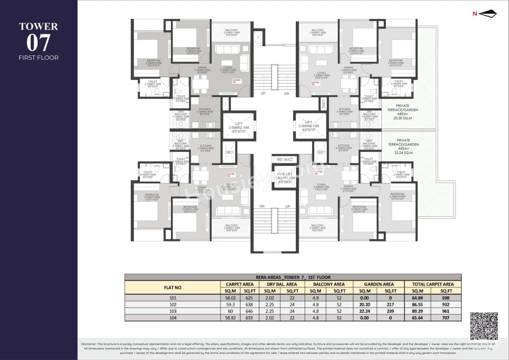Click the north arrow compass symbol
coord(487,14)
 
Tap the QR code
coord(484,326)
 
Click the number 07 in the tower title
coord(39,43)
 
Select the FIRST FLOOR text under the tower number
coord(39,58)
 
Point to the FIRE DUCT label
coord(285,160)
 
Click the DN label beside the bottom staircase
coord(262,206)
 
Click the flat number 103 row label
coord(173,311)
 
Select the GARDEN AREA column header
coord(379,284)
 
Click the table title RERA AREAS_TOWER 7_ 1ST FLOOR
coord(293,277)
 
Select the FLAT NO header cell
coord(173,287)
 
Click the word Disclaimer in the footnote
coord(91,344)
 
